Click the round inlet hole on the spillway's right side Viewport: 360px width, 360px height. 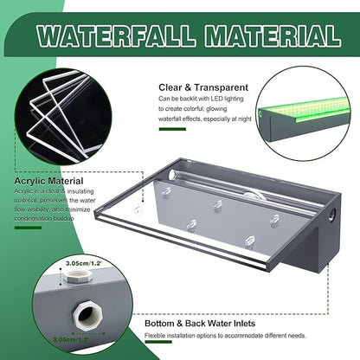tap(331, 212)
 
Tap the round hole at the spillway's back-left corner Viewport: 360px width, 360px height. tap(171, 175)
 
